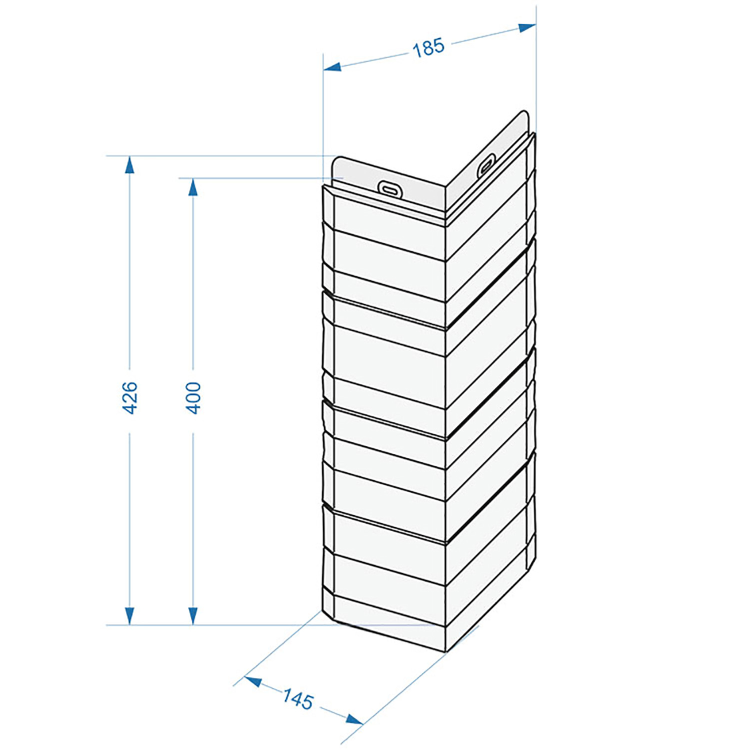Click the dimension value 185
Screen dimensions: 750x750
click(x=428, y=47)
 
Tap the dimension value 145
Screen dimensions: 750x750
click(x=298, y=698)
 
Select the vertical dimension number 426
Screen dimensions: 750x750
click(x=130, y=397)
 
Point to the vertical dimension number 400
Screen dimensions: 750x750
click(x=193, y=397)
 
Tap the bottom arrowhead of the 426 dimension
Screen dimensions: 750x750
click(x=130, y=616)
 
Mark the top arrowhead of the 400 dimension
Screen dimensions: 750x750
click(x=193, y=186)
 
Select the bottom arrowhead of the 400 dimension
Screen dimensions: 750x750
click(x=193, y=616)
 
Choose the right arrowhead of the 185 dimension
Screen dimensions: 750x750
click(x=527, y=26)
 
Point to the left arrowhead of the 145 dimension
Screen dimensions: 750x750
click(x=253, y=680)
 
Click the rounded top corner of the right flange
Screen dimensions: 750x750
click(x=523, y=113)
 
